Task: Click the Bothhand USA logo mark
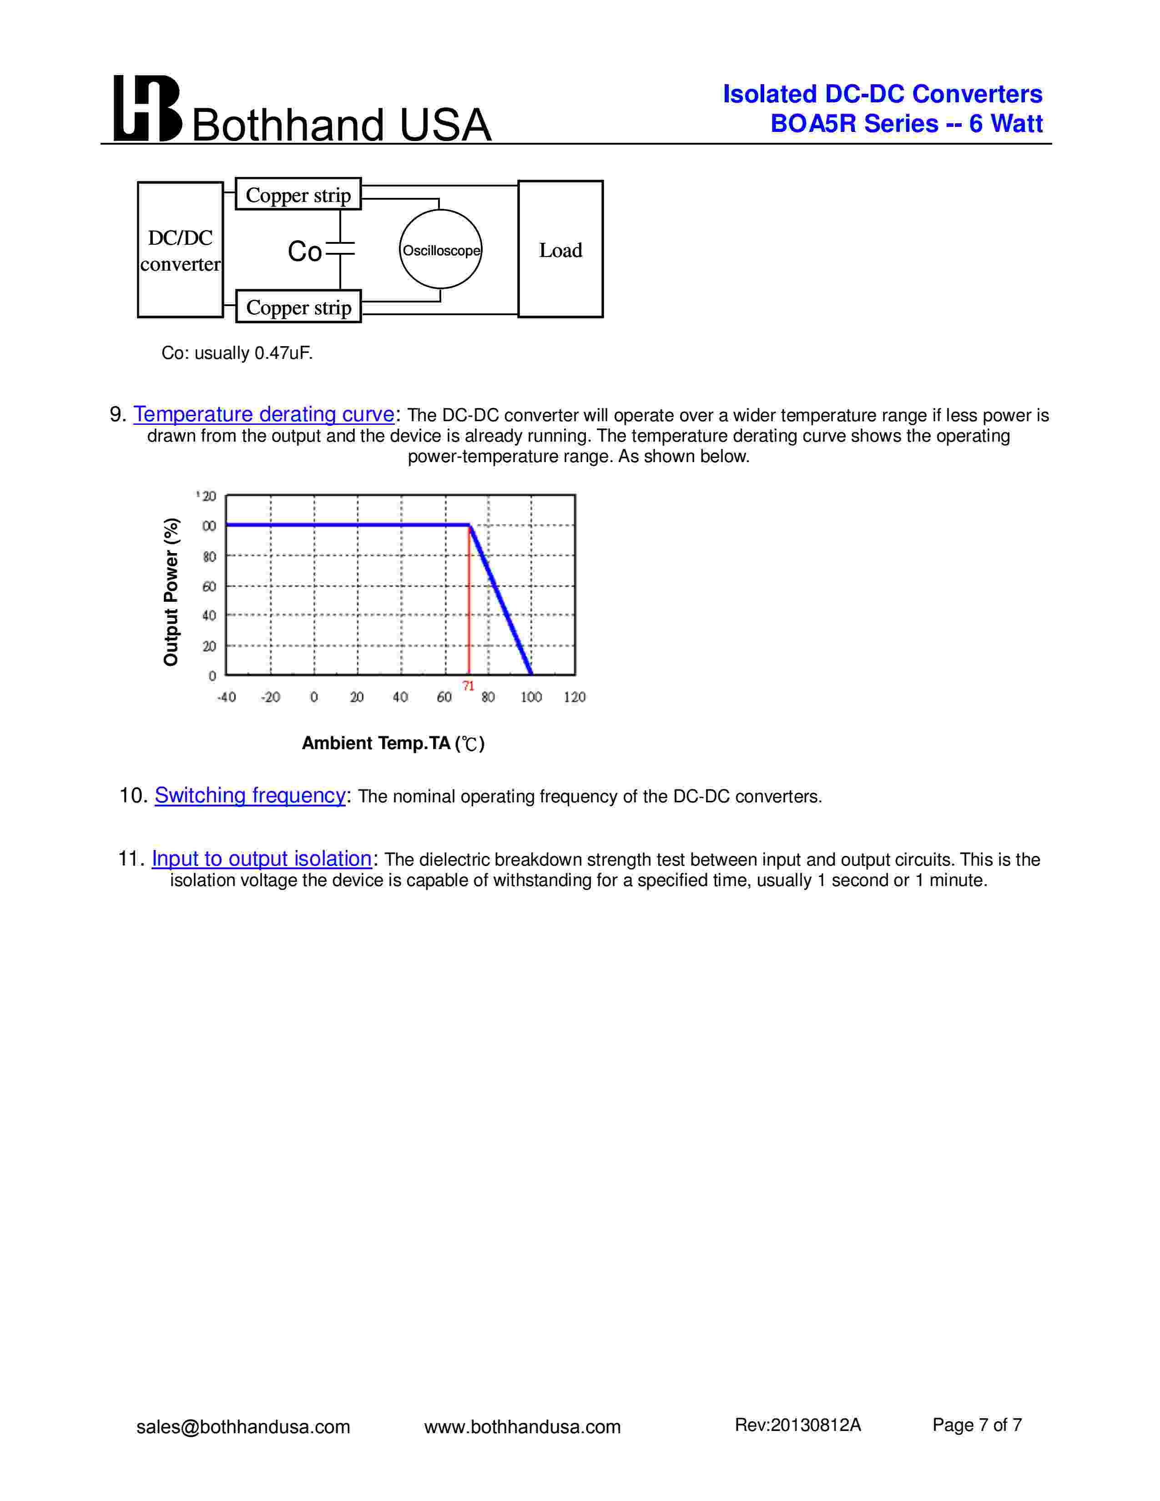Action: (x=147, y=109)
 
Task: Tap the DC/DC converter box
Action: (x=180, y=250)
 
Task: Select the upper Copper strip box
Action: (x=298, y=195)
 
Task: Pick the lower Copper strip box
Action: (x=298, y=307)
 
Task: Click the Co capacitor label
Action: (x=304, y=252)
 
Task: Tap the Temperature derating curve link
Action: (x=263, y=414)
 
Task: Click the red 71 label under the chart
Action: (x=468, y=686)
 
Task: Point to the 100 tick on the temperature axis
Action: (x=531, y=697)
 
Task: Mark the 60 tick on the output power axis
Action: (x=209, y=586)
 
